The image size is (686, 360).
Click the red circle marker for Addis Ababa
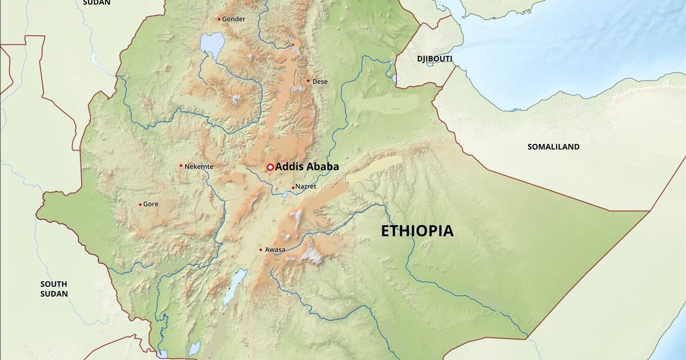tap(270, 167)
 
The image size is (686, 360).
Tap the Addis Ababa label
tap(307, 167)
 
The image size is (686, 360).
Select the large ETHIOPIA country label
tap(417, 231)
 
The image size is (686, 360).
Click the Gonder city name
tap(234, 19)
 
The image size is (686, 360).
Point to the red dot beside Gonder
tap(219, 19)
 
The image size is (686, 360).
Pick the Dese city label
tap(320, 81)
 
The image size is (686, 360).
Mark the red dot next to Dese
tap(308, 81)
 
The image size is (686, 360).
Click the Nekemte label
tap(200, 166)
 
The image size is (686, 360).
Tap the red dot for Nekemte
tap(181, 166)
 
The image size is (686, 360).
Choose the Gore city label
tap(151, 204)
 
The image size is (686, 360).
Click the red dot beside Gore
tap(140, 204)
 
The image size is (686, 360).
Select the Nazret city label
tap(306, 187)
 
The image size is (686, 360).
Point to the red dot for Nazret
tap(293, 187)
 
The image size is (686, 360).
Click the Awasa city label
tap(275, 250)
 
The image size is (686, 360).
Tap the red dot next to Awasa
tap(261, 250)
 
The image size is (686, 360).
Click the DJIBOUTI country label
tap(434, 59)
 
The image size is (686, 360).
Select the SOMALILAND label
tap(553, 147)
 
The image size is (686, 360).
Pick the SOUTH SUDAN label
tap(54, 289)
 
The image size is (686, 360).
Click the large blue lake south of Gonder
tap(213, 43)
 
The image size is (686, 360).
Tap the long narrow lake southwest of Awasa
tap(235, 286)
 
